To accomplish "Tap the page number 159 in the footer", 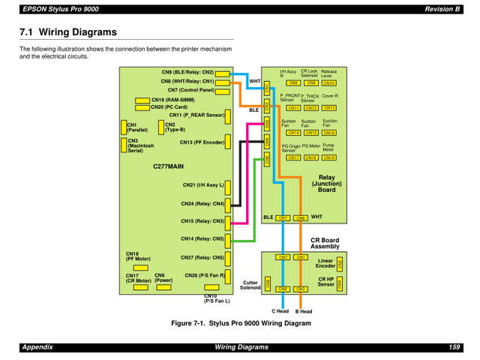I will click(454, 346).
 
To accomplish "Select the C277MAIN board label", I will click(168, 166).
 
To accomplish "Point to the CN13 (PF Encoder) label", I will click(202, 142).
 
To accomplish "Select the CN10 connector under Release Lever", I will click(328, 83).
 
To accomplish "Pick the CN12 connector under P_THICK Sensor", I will click(310, 108).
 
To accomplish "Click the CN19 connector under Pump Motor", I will click(329, 158).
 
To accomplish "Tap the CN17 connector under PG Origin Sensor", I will click(293, 158).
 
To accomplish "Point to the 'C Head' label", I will click(280, 311).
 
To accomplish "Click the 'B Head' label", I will click(303, 311).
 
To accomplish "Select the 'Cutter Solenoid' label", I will click(250, 285).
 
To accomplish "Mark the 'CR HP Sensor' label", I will click(325, 282).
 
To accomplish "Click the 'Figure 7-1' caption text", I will click(240, 323).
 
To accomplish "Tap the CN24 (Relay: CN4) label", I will click(202, 203).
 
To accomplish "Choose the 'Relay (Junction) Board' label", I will click(327, 184).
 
